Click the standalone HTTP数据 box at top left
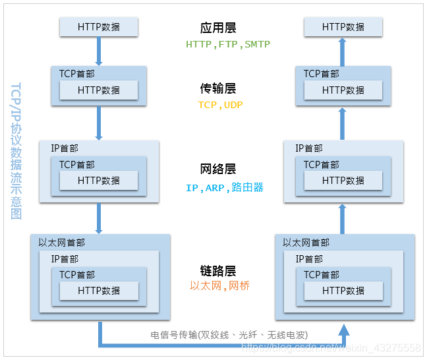click(99, 27)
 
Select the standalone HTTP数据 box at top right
click(343, 27)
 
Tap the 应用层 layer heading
click(218, 28)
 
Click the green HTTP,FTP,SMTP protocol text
click(228, 45)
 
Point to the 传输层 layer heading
click(218, 88)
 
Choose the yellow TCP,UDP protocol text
click(221, 105)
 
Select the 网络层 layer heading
click(218, 169)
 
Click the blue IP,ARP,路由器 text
click(225, 188)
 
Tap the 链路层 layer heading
click(218, 271)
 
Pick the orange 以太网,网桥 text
click(220, 286)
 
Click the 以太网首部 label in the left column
click(61, 243)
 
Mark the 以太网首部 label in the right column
click(306, 243)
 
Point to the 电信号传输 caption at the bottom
click(229, 334)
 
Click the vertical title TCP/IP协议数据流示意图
click(16, 151)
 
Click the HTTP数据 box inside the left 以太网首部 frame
click(99, 290)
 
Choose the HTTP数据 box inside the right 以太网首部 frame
click(343, 290)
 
